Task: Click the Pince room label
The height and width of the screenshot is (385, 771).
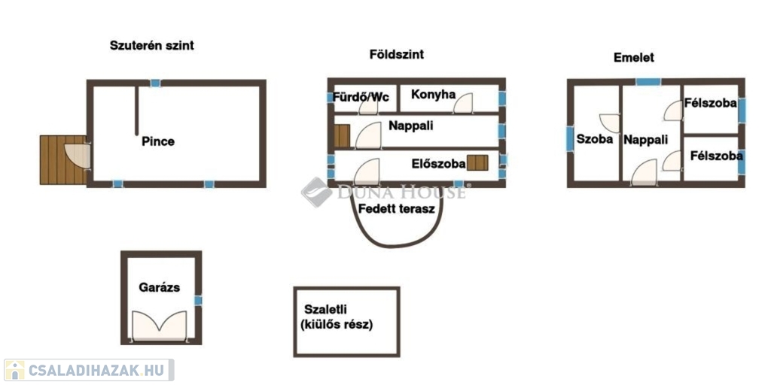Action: pyautogui.click(x=158, y=141)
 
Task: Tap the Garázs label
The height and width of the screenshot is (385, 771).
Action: pyautogui.click(x=159, y=287)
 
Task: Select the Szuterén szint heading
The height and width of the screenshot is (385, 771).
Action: pyautogui.click(x=152, y=46)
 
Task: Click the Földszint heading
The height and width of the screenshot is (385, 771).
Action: pyautogui.click(x=396, y=54)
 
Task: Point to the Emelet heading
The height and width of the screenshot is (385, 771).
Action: pyautogui.click(x=634, y=57)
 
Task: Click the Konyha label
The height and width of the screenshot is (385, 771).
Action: pyautogui.click(x=433, y=94)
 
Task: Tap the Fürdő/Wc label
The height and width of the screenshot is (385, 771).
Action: pyautogui.click(x=361, y=97)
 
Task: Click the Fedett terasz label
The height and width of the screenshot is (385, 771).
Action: pyautogui.click(x=397, y=209)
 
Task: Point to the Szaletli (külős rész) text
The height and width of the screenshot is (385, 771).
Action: pyautogui.click(x=339, y=317)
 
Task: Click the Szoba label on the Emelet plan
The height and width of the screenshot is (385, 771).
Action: pyautogui.click(x=595, y=139)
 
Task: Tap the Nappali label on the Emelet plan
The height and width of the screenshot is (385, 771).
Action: pyautogui.click(x=645, y=140)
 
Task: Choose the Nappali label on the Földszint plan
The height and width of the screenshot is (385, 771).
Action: pyautogui.click(x=411, y=126)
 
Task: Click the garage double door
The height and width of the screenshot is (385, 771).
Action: pyautogui.click(x=160, y=326)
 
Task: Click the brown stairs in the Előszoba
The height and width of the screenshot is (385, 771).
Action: pyautogui.click(x=477, y=162)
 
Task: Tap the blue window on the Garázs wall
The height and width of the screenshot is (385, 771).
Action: pyautogui.click(x=198, y=300)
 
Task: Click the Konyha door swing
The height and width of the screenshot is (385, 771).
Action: pyautogui.click(x=463, y=103)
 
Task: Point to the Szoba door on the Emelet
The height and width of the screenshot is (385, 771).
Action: pyautogui.click(x=610, y=123)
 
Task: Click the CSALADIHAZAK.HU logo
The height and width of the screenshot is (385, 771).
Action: pyautogui.click(x=89, y=370)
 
